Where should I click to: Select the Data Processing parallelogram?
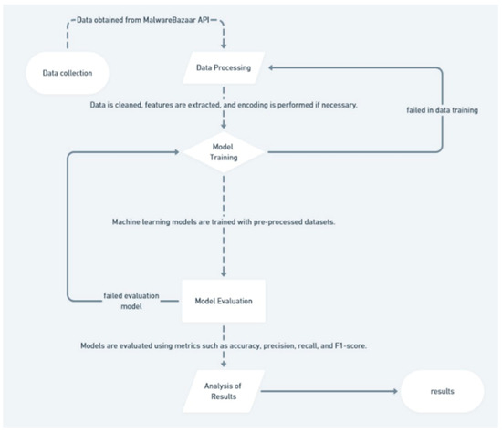point(224,67)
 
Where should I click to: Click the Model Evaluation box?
point(223,301)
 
